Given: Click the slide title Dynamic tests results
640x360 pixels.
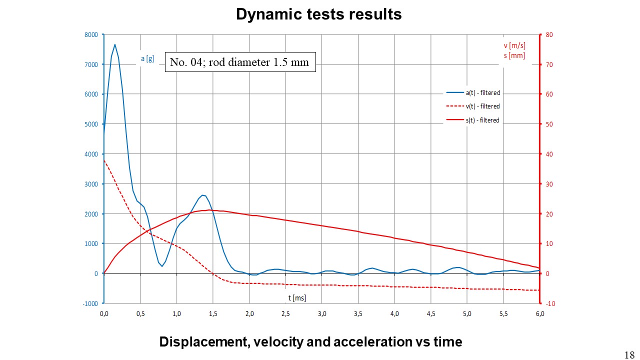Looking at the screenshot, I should (x=318, y=14).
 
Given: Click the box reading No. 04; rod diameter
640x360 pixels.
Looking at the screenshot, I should (x=240, y=62).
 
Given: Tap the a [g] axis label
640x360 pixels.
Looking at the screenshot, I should (x=147, y=59).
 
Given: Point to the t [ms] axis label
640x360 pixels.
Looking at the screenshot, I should (x=297, y=298).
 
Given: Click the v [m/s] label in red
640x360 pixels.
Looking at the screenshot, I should (x=514, y=46).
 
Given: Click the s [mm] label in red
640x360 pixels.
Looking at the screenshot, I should (x=514, y=55).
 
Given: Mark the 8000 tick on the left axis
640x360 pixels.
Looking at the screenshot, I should (x=91, y=34).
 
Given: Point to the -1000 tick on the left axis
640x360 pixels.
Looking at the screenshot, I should (x=90, y=303).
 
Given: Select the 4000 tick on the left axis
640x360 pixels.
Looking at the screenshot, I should (x=91, y=154).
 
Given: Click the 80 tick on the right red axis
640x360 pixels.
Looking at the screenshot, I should (x=549, y=34).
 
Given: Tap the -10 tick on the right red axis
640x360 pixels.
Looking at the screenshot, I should (x=549, y=303).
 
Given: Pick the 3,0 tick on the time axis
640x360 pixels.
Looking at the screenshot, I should (x=321, y=313).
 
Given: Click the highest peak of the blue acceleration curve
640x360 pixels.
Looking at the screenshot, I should (x=114, y=44).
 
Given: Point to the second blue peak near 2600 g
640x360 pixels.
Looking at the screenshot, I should (x=202, y=195).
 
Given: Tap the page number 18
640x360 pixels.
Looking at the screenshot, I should (x=629, y=354).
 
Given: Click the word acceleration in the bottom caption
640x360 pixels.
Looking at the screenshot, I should (x=374, y=342).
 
